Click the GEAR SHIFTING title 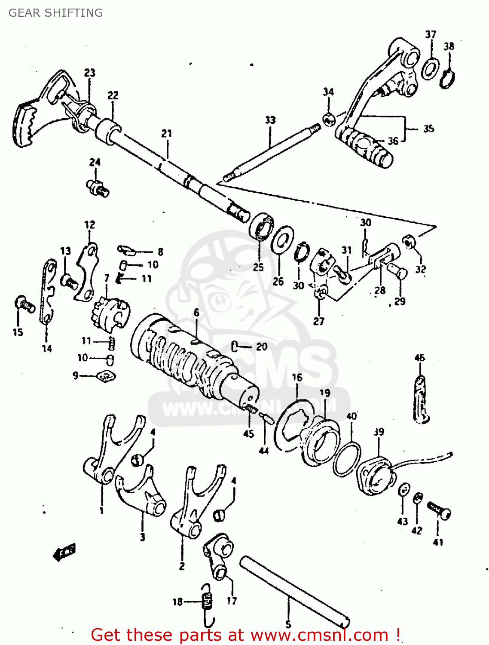[x=55, y=13]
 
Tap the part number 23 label [x=89, y=73]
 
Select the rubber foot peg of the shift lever [x=365, y=148]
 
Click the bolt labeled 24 [x=98, y=188]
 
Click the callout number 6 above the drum [x=196, y=313]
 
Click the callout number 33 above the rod [x=270, y=120]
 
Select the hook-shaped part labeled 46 [x=421, y=399]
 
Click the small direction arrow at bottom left [x=64, y=552]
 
